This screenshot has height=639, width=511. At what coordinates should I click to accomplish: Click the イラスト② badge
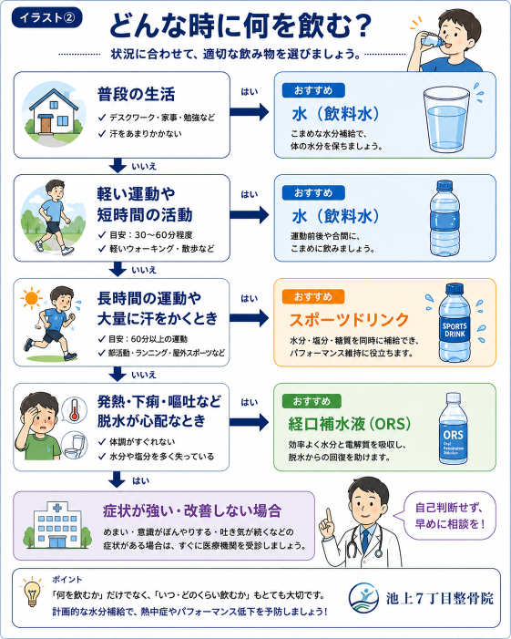(46, 18)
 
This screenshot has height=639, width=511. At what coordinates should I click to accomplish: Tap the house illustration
(54, 113)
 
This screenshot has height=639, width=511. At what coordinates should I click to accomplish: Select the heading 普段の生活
(136, 95)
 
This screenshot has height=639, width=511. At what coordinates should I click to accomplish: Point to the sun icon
(31, 298)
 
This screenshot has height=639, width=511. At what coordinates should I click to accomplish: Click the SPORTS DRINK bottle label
(455, 330)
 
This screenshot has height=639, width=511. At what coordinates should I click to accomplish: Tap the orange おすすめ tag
(313, 296)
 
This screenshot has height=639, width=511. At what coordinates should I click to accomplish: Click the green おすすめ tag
(312, 401)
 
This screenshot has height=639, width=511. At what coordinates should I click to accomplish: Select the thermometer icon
(74, 409)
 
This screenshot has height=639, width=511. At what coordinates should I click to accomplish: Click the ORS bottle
(454, 428)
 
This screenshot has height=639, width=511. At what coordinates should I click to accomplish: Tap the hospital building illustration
(57, 526)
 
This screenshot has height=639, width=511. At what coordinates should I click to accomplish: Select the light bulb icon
(32, 593)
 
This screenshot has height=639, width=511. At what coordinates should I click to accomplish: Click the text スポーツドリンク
(349, 320)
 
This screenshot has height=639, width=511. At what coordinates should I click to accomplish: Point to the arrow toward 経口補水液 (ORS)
(249, 422)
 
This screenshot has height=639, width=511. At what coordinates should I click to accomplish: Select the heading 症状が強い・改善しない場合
(192, 510)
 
